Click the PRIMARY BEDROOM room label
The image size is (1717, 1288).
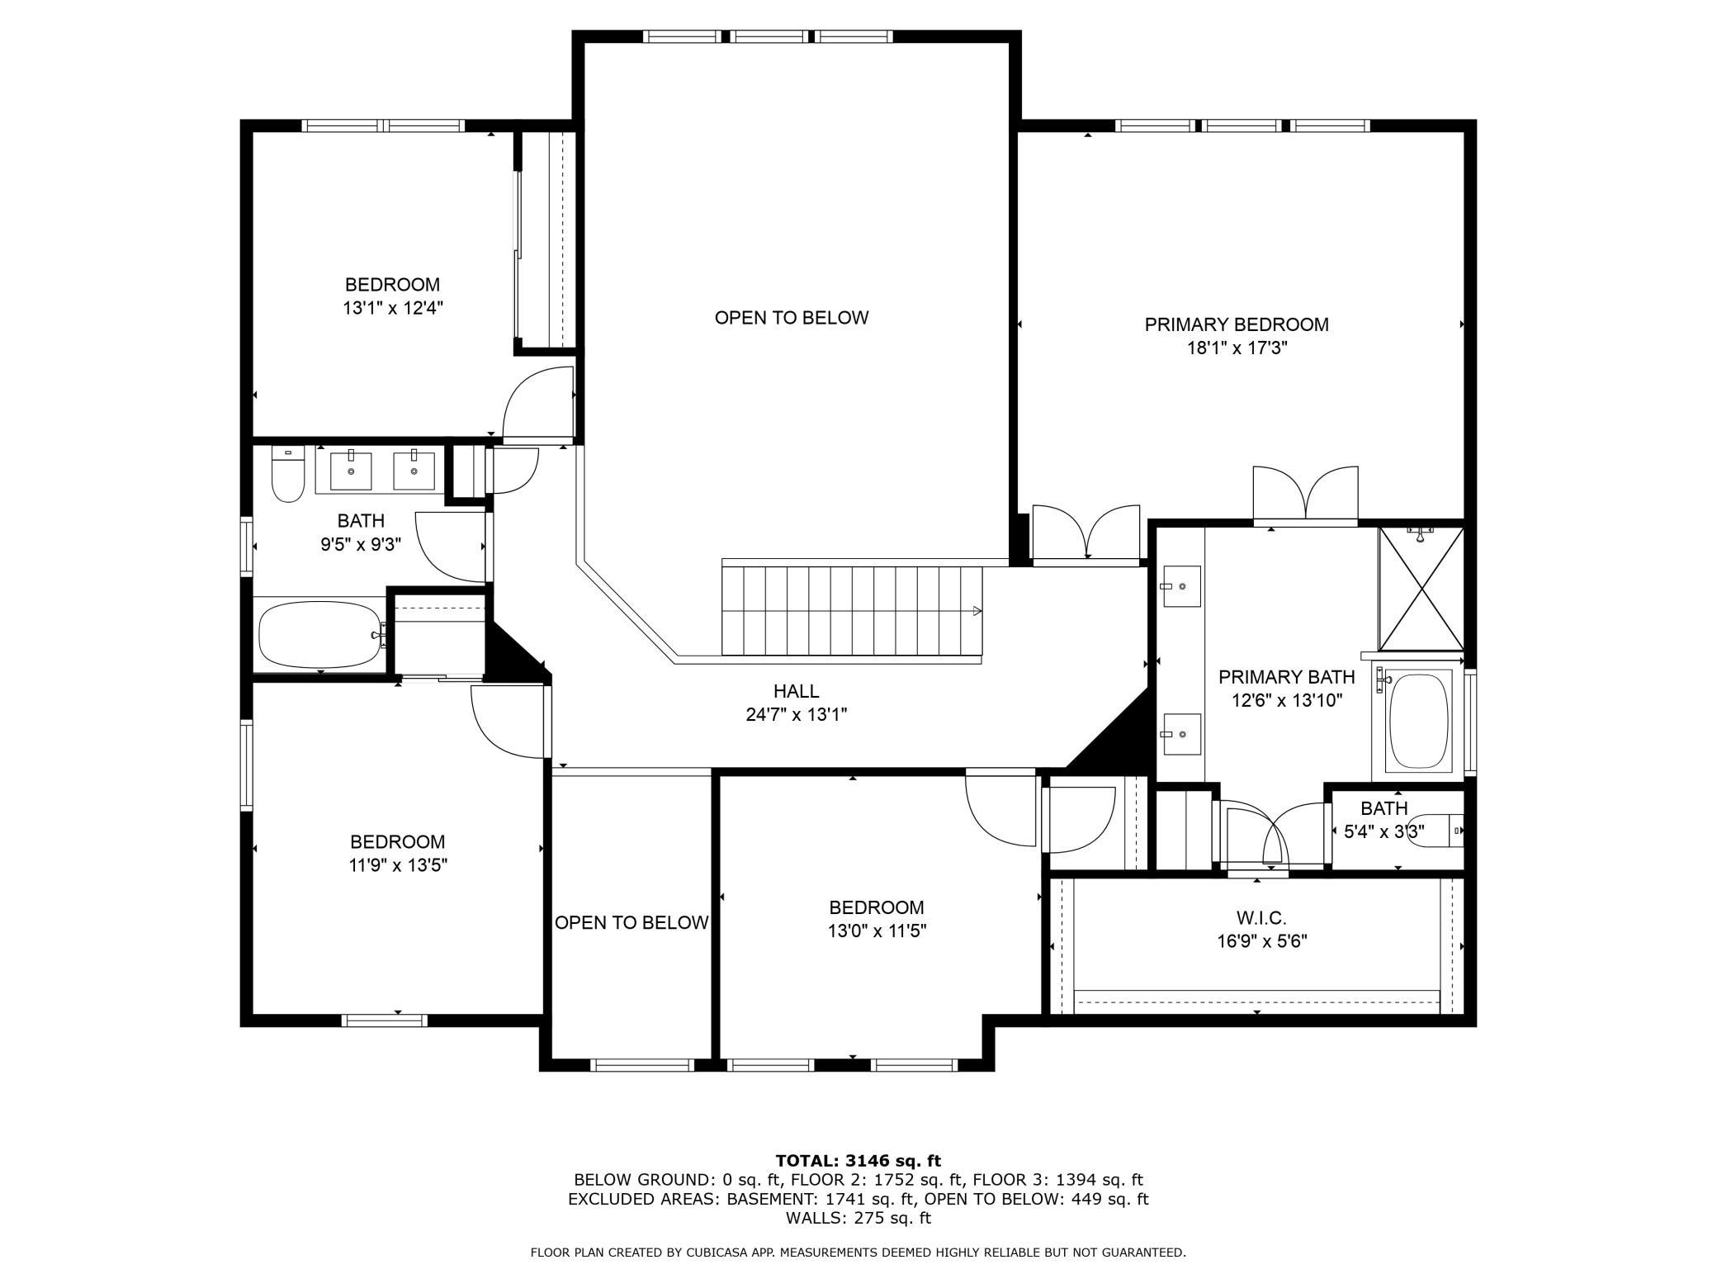(1237, 325)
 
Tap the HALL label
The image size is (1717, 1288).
(797, 691)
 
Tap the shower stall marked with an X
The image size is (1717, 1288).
(1421, 588)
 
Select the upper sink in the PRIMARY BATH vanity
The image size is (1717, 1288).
(1180, 585)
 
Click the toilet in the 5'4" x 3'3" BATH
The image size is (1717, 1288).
(1445, 831)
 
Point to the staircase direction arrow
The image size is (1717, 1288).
(977, 611)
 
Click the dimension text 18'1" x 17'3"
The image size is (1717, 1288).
(1237, 348)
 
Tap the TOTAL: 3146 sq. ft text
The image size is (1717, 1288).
(858, 1162)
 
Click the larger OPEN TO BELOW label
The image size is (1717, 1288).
(792, 318)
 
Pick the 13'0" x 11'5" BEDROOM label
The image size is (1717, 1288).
(877, 907)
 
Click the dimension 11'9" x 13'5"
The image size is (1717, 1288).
(398, 865)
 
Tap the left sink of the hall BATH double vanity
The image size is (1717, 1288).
(351, 469)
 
